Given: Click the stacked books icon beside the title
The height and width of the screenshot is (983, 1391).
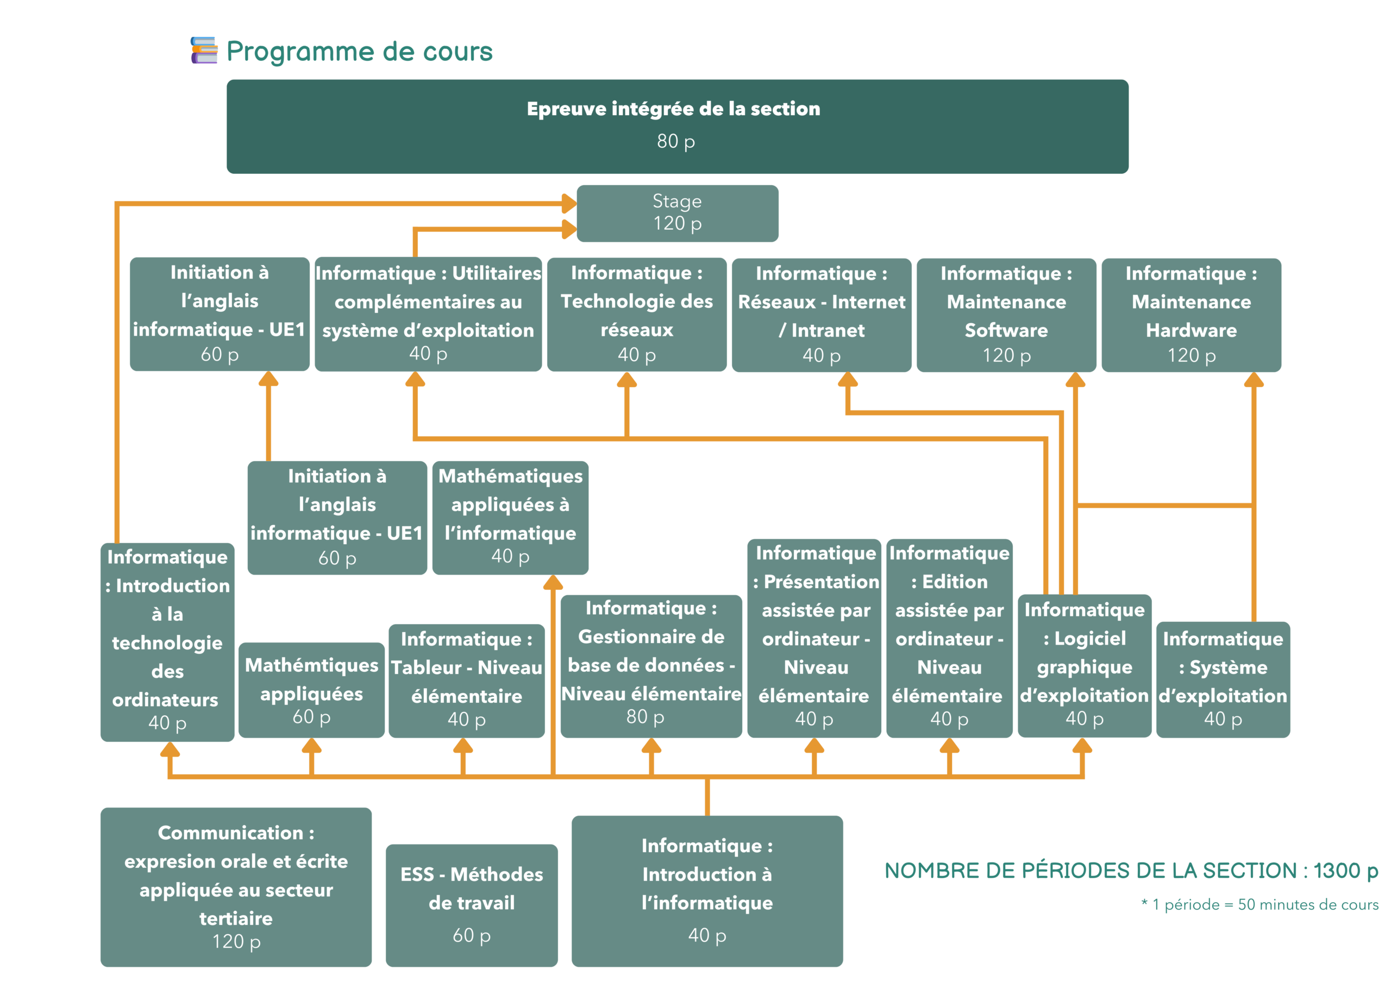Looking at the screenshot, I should tap(204, 51).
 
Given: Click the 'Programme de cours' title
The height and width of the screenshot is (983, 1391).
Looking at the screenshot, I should tap(359, 52).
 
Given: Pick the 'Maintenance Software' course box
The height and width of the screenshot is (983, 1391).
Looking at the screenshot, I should tap(1006, 314).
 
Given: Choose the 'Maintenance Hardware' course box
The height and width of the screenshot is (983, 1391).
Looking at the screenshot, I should tap(1191, 314).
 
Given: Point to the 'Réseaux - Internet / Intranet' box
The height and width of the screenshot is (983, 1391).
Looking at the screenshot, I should tap(821, 314).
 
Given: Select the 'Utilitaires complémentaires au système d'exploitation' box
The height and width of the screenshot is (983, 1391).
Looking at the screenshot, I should tap(428, 313).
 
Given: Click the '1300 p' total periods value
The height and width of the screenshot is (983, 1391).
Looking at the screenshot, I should tap(1345, 871).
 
